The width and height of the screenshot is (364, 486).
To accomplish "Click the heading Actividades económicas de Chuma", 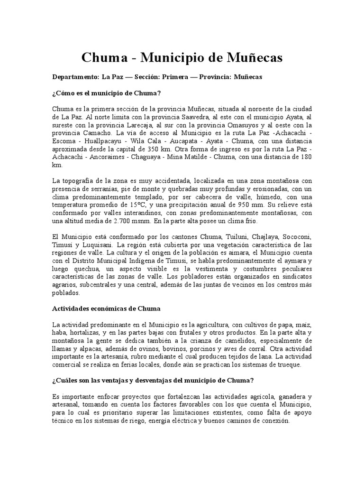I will coord(106,308).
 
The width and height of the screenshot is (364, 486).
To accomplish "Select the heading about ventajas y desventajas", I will coord(153,381).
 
